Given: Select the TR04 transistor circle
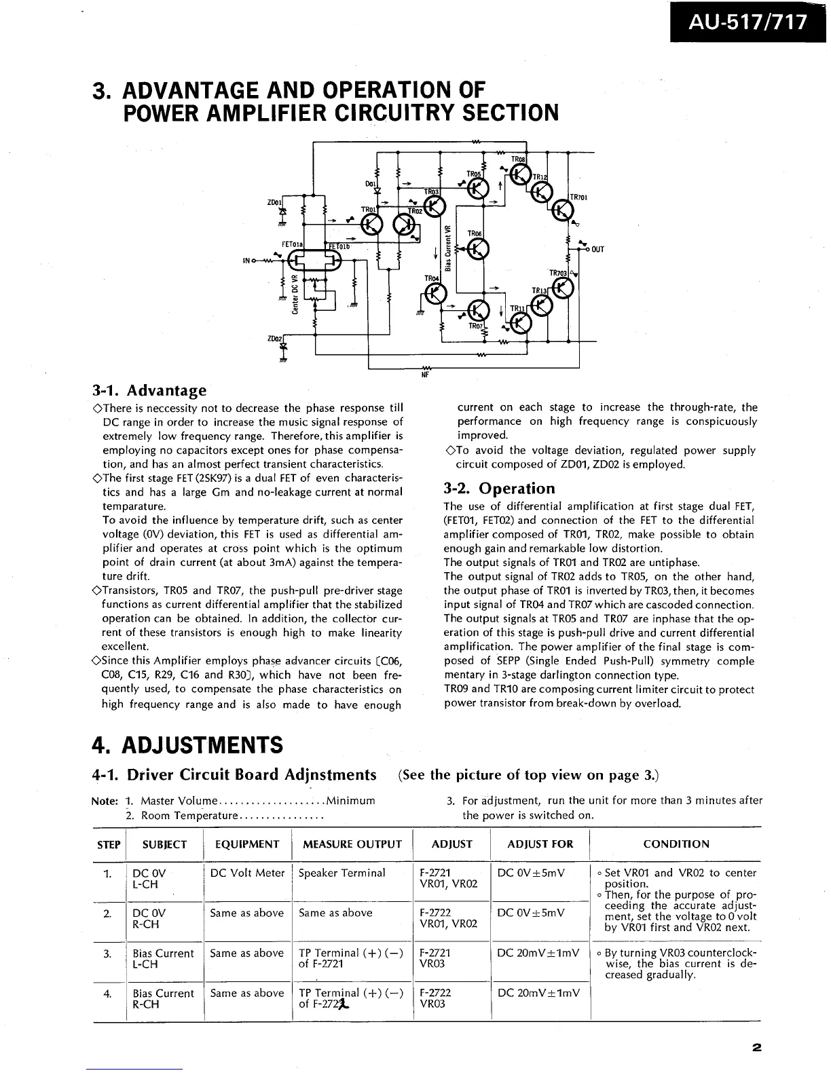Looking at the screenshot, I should (x=434, y=293).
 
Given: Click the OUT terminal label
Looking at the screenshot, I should (x=597, y=249).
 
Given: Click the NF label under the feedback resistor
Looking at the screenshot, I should (x=427, y=373).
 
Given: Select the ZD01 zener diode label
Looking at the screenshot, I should (x=274, y=202).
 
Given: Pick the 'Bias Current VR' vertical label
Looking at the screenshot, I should (x=447, y=246).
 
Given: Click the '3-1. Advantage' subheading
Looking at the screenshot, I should (x=149, y=390).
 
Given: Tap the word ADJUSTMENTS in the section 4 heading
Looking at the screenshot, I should (x=202, y=744).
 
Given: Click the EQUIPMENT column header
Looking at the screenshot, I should (x=247, y=844).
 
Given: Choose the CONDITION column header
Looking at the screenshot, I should (x=676, y=844).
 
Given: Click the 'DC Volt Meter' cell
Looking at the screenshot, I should (x=247, y=873).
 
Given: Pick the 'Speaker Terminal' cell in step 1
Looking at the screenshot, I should (x=342, y=873).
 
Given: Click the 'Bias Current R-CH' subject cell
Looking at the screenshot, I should (x=163, y=998).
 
